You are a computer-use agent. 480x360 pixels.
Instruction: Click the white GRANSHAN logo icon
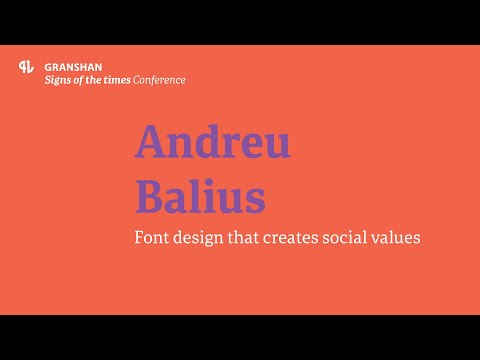[x=27, y=68]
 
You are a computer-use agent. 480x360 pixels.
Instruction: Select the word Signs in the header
[x=58, y=80]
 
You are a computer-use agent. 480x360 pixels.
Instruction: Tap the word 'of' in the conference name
[x=80, y=80]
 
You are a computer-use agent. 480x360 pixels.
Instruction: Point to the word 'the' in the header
[x=96, y=80]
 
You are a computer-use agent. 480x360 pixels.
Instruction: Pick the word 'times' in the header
[x=120, y=80]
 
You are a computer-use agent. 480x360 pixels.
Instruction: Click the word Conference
[x=161, y=80]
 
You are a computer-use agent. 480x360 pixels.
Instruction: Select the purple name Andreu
[x=213, y=143]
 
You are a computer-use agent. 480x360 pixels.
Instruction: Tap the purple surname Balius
[x=200, y=196]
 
